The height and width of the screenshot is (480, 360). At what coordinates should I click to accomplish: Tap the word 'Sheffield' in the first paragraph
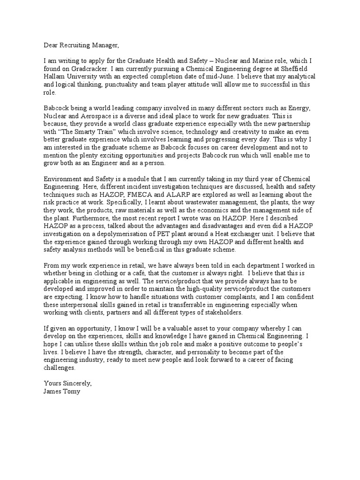(298, 69)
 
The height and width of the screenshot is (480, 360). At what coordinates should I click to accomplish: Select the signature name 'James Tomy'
(62, 391)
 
